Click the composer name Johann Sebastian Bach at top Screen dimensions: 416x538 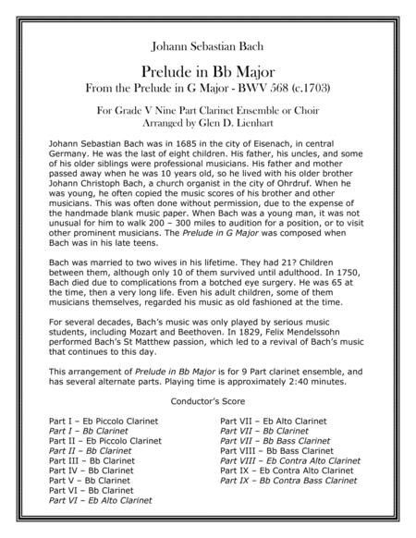pos(207,43)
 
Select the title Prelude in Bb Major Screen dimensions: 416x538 pos(207,70)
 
